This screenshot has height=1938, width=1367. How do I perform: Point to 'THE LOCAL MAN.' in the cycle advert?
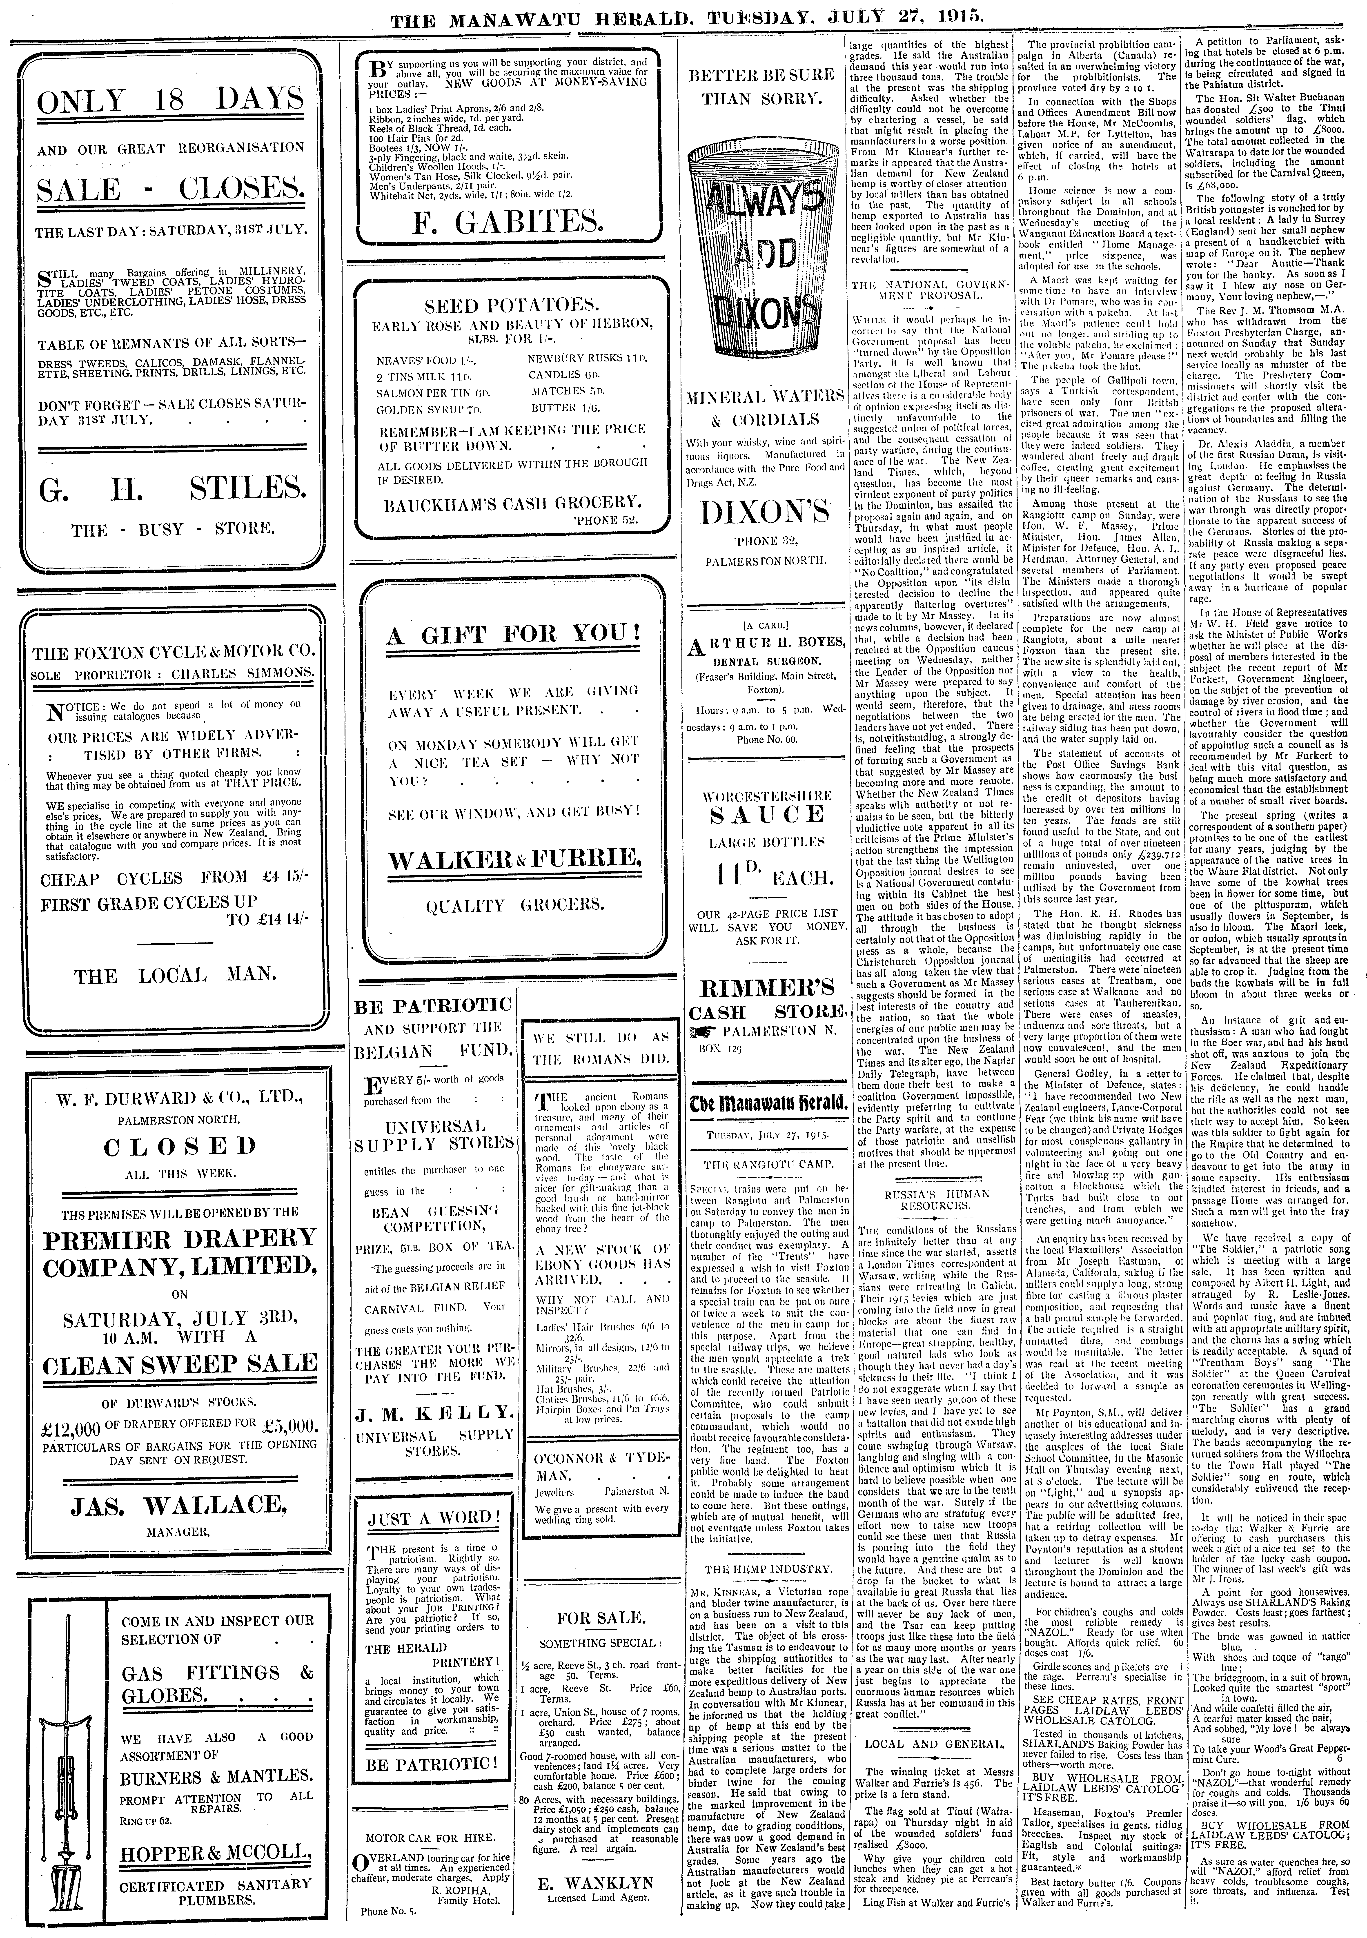[176, 976]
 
